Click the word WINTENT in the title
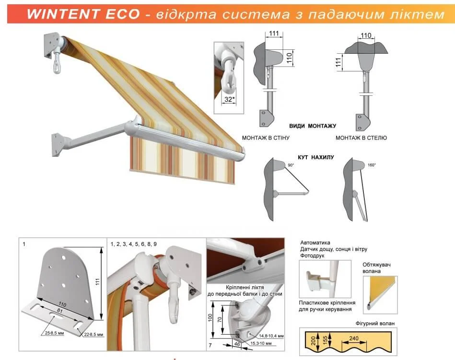tap(63, 14)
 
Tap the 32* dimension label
tap(229, 100)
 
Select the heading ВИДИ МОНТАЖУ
tap(313, 126)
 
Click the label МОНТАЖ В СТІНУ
tap(266, 138)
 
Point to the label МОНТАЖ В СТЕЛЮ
tap(361, 138)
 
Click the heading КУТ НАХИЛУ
tap(315, 157)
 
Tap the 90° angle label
tap(291, 165)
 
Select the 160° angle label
tap(372, 165)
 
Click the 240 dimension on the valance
tap(354, 338)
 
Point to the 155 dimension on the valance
tap(325, 339)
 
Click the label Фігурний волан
tap(375, 323)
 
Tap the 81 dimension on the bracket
tap(59, 311)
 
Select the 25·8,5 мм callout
tap(54, 333)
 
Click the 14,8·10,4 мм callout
tap(271, 336)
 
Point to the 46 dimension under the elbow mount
tap(237, 344)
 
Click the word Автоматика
tap(315, 243)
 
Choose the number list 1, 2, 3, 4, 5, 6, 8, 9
tap(133, 244)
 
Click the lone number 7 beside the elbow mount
tap(210, 345)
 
